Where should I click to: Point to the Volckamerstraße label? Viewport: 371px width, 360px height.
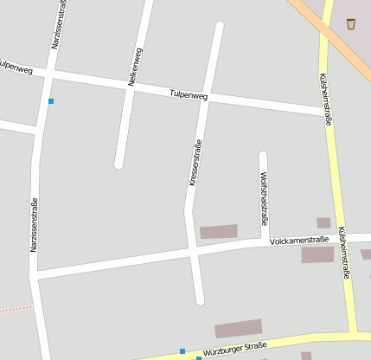click(299, 240)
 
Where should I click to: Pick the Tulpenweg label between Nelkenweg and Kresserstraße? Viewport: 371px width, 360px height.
click(189, 94)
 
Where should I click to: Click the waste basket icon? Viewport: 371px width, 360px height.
click(351, 23)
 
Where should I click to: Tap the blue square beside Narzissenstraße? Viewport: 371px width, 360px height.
click(51, 101)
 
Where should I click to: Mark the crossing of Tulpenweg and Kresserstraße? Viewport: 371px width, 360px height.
click(208, 97)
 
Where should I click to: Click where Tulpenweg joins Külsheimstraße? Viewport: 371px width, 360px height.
click(326, 111)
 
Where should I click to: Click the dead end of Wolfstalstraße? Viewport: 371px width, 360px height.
click(263, 157)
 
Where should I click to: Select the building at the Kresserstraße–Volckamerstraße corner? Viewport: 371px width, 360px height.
click(218, 231)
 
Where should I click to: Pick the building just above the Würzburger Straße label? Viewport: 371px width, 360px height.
click(238, 329)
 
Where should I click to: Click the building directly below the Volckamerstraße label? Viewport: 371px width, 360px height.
click(317, 254)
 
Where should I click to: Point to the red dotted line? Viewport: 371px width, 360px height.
click(16, 308)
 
